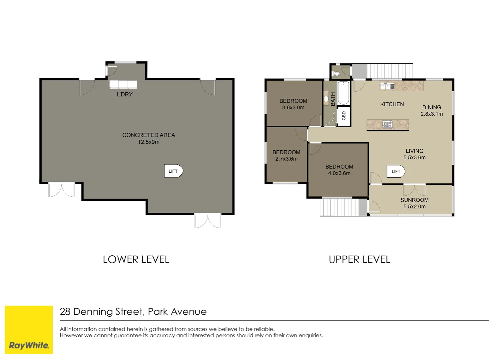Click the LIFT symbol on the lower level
[173, 171]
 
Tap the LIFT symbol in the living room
[396, 171]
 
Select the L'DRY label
[125, 94]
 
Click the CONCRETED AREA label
[149, 135]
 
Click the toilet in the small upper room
[336, 73]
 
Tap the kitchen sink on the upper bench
[387, 86]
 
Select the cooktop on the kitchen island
[387, 124]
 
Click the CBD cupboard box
[344, 116]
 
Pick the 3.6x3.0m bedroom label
[293, 104]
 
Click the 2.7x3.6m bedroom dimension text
[286, 159]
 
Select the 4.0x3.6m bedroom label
[339, 170]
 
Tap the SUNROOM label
[414, 200]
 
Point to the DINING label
[431, 107]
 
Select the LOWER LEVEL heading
[136, 259]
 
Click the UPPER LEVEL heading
[359, 259]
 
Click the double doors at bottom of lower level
[208, 221]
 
